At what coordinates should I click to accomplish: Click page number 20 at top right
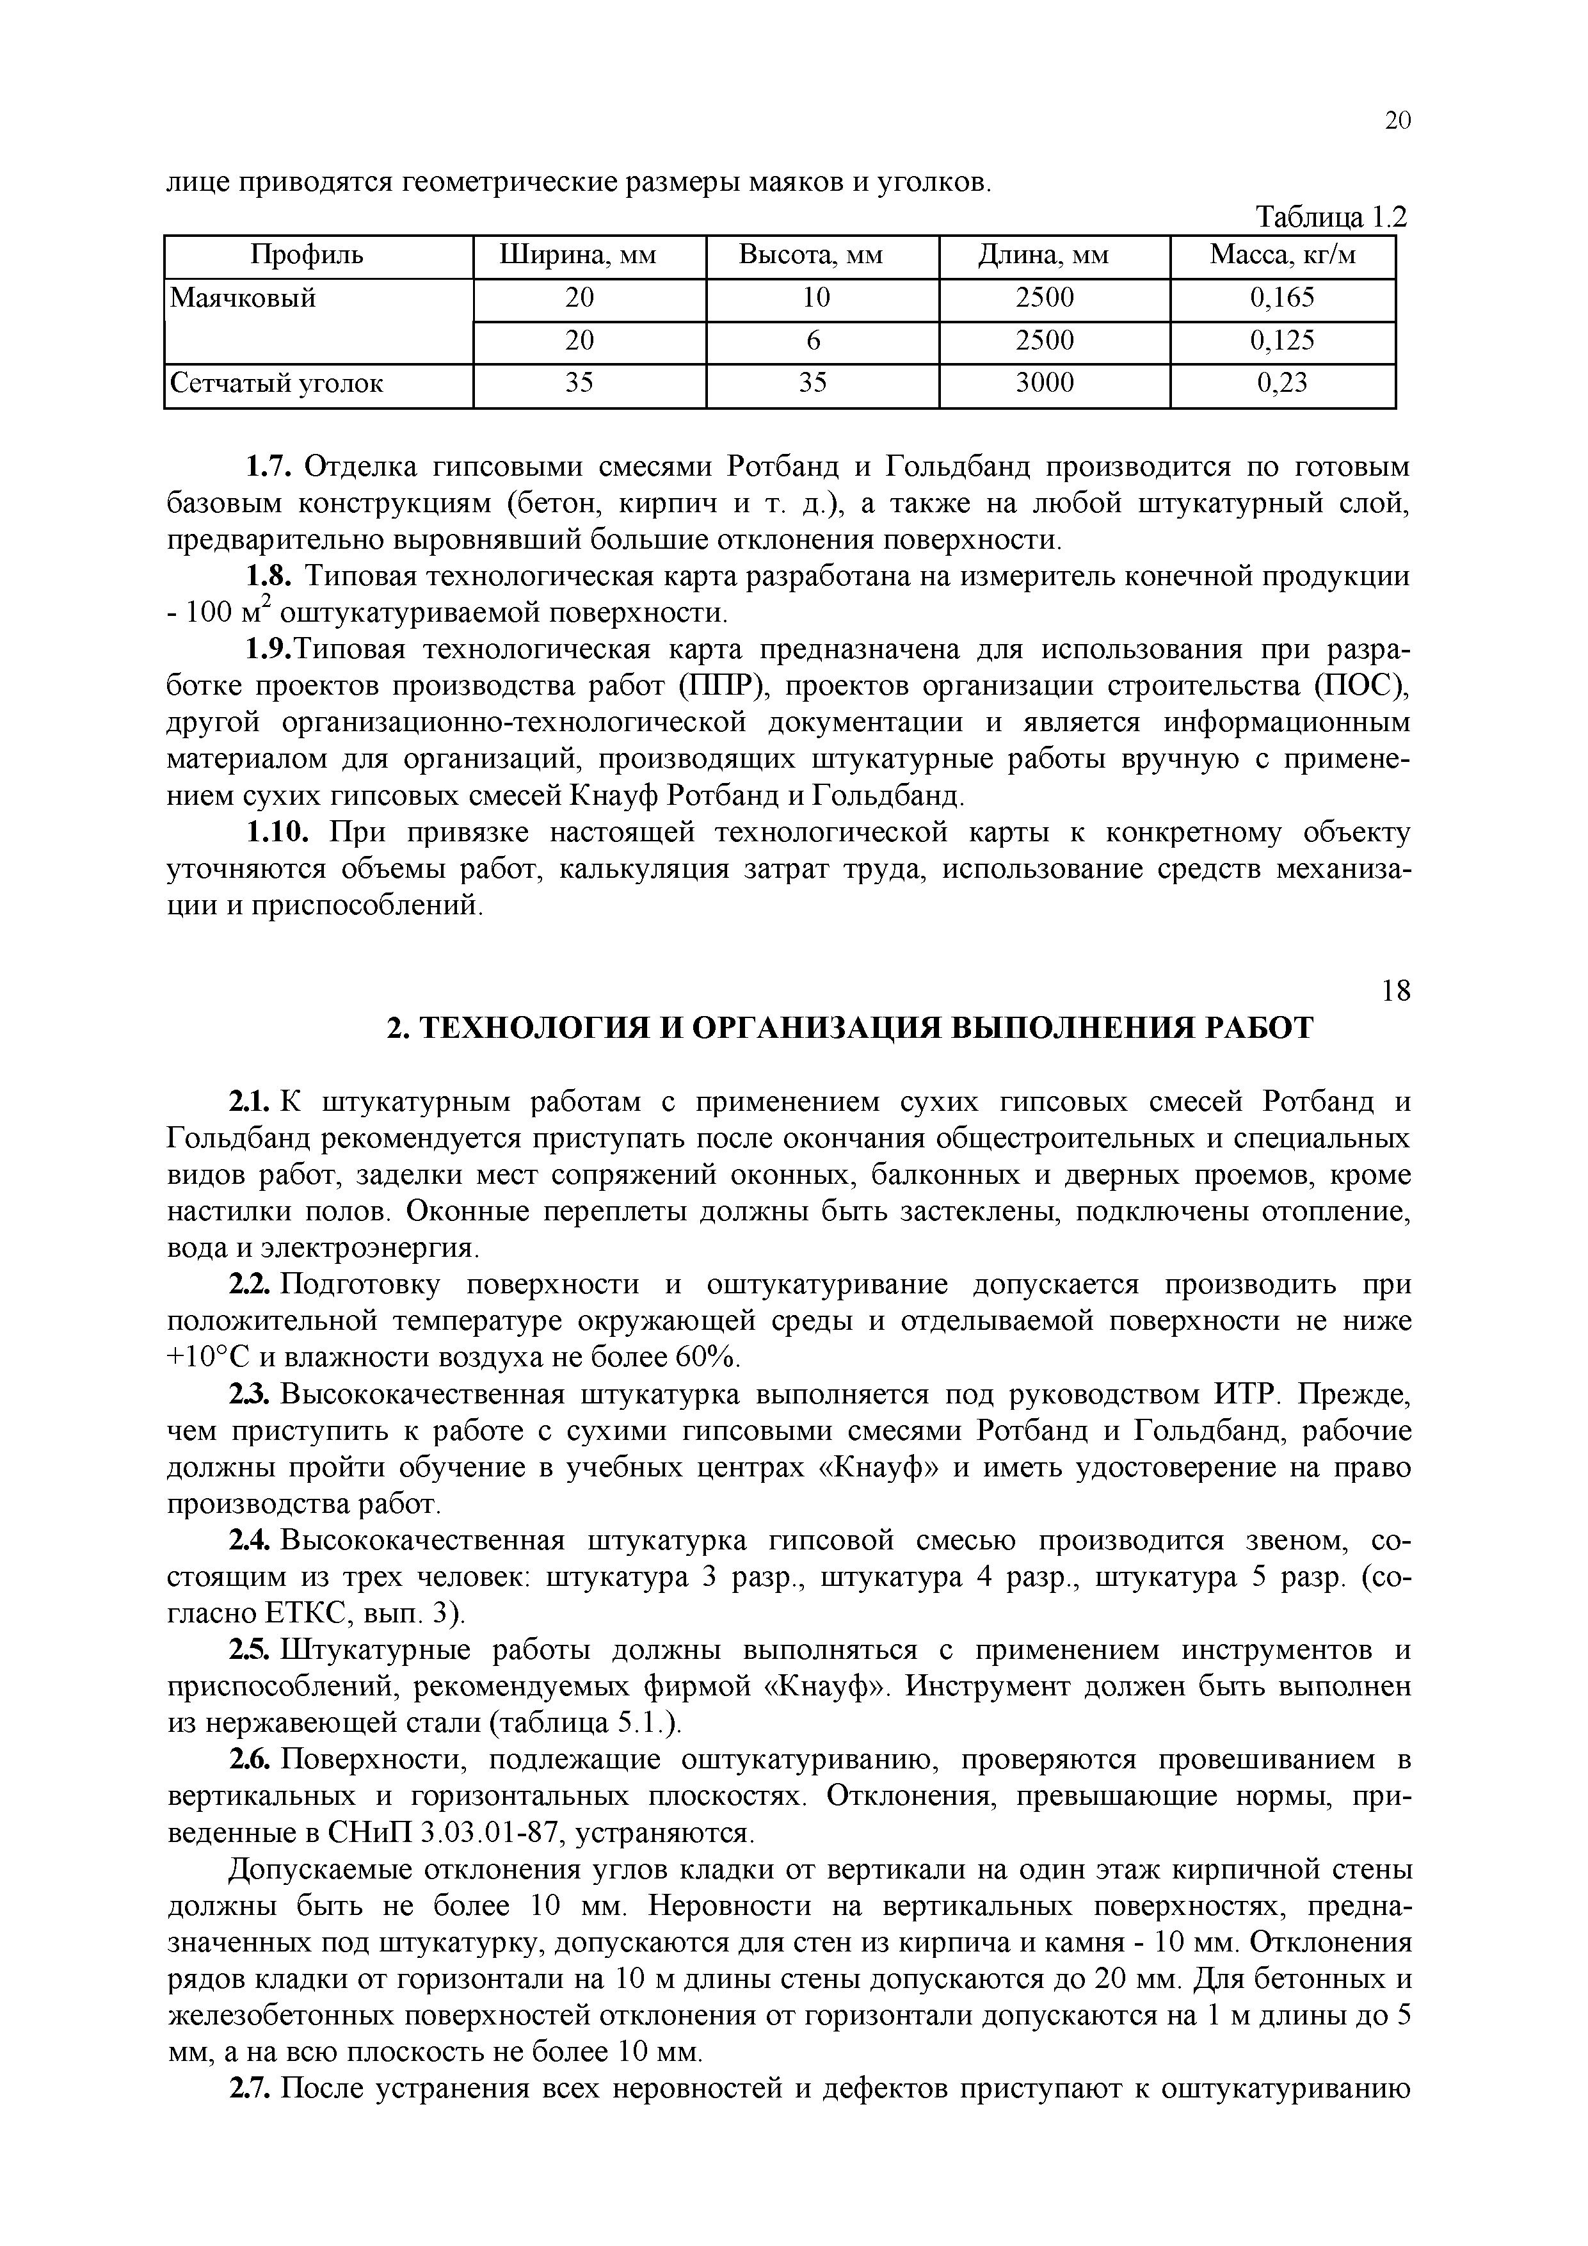tap(1397, 120)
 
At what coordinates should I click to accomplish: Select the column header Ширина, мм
tap(578, 256)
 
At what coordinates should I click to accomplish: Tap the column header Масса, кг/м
tap(1283, 256)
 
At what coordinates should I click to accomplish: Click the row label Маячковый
tap(243, 298)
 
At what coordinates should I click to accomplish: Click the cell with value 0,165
tap(1283, 298)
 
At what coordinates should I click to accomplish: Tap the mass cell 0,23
tap(1283, 384)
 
